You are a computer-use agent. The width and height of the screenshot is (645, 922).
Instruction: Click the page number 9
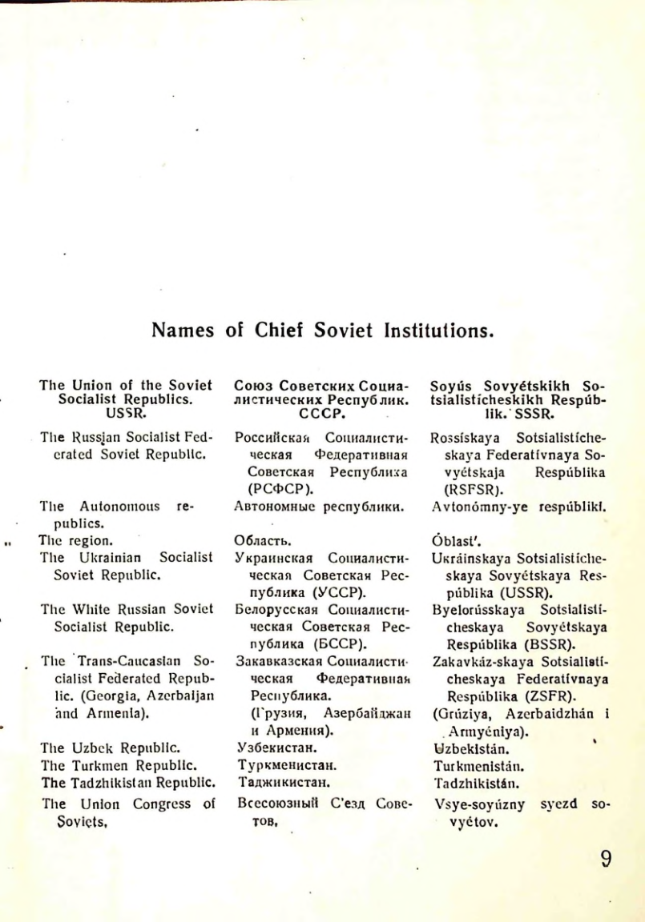pos(606,860)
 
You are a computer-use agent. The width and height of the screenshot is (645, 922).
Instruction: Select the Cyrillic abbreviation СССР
pos(321,414)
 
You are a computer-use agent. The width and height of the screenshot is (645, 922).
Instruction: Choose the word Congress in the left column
pos(150,804)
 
